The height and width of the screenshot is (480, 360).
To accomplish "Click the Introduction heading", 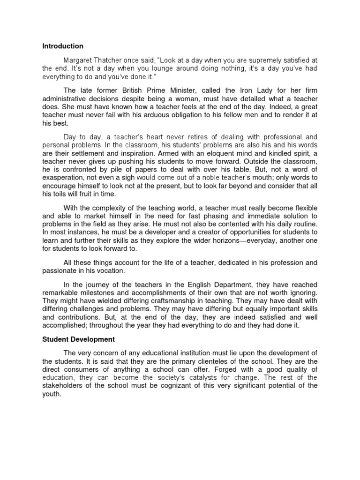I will [63, 46].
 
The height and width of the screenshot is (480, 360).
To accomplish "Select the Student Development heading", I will [79, 338].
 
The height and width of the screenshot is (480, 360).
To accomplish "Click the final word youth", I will [51, 393].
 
